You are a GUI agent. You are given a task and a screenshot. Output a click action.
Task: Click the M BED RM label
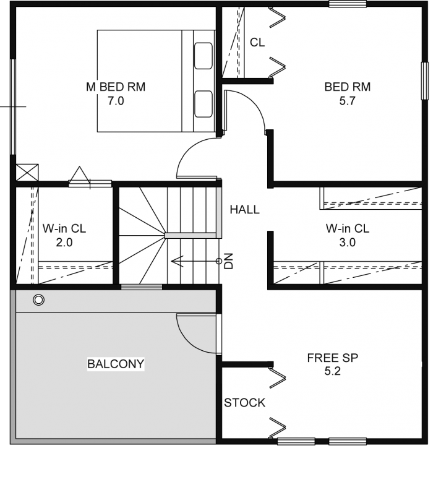116,87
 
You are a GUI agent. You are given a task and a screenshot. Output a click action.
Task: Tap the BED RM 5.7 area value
347,101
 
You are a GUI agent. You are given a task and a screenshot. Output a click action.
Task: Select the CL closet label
257,42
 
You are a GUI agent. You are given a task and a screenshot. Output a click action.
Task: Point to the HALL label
245,209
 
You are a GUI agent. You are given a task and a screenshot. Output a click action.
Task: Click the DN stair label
228,260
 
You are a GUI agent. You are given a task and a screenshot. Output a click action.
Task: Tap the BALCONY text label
116,364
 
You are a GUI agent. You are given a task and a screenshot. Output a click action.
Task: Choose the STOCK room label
245,403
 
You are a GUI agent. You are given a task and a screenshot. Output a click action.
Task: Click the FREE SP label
332,358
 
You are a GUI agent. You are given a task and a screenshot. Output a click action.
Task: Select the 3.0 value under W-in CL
347,243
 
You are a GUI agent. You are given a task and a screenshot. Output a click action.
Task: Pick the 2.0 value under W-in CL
64,243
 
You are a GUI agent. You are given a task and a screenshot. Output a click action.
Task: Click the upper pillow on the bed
203,56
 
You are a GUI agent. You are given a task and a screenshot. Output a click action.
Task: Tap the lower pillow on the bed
203,104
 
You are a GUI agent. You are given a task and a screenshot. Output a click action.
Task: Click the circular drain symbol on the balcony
38,300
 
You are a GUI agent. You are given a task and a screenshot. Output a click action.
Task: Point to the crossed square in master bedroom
27,173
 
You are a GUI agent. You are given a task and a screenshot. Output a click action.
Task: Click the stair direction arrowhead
177,261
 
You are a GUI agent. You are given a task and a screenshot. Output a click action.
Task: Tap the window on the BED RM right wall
424,81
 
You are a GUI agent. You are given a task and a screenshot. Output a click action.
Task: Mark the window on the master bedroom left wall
13,106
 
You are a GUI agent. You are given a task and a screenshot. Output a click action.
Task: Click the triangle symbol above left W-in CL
80,174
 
